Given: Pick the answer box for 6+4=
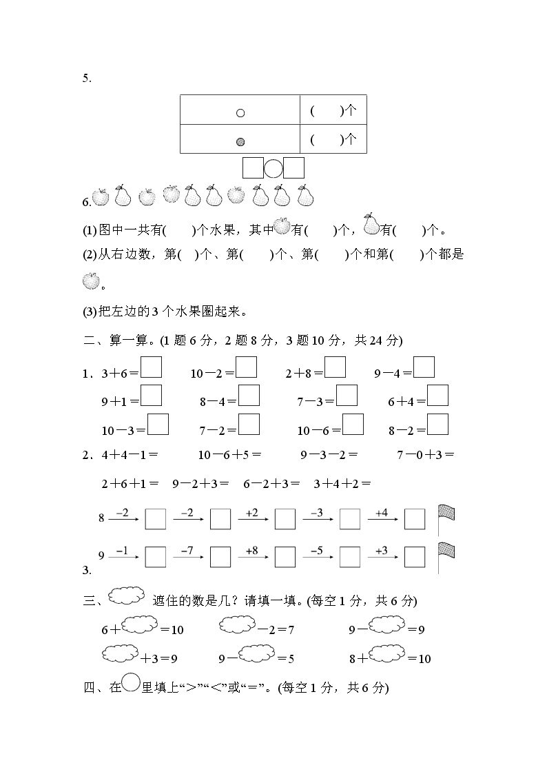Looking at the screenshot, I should [437, 396].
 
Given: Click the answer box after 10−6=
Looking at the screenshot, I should [353, 425].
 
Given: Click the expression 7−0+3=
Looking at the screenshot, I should [425, 455].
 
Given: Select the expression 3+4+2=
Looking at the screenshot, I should [342, 484].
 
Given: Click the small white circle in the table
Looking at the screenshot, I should [240, 112].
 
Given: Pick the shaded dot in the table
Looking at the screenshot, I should [240, 141].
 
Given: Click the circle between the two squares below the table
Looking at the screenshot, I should [273, 168].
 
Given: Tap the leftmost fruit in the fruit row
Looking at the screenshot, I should [101, 197].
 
